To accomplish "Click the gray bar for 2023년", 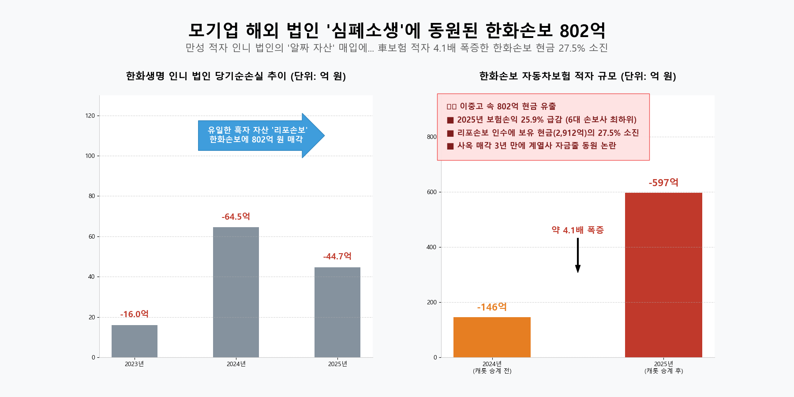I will [x=135, y=341].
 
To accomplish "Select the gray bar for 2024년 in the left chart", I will [x=236, y=292].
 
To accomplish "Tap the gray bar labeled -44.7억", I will [x=337, y=312].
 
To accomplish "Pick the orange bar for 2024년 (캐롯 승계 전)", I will [x=492, y=337].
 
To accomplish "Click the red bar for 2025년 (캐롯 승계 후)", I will [x=663, y=275].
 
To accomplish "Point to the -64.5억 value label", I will [x=236, y=217].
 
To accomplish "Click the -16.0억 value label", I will [x=135, y=314].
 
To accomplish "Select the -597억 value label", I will [x=663, y=183].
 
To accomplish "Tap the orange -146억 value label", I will [x=492, y=307].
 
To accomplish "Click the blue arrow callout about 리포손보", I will [x=258, y=135].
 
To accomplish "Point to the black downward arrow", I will [x=578, y=255].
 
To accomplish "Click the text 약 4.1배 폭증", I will [x=578, y=230].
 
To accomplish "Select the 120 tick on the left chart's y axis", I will [x=90, y=116].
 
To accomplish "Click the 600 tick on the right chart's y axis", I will [x=431, y=192].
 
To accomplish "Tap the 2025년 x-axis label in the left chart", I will [x=337, y=364].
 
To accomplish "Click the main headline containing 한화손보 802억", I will [x=397, y=30].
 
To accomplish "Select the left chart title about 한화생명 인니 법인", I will [x=236, y=76].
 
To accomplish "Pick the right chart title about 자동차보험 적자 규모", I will [x=578, y=76].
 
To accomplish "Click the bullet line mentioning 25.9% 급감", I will [x=543, y=120].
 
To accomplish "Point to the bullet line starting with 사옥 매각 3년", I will [x=532, y=146].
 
